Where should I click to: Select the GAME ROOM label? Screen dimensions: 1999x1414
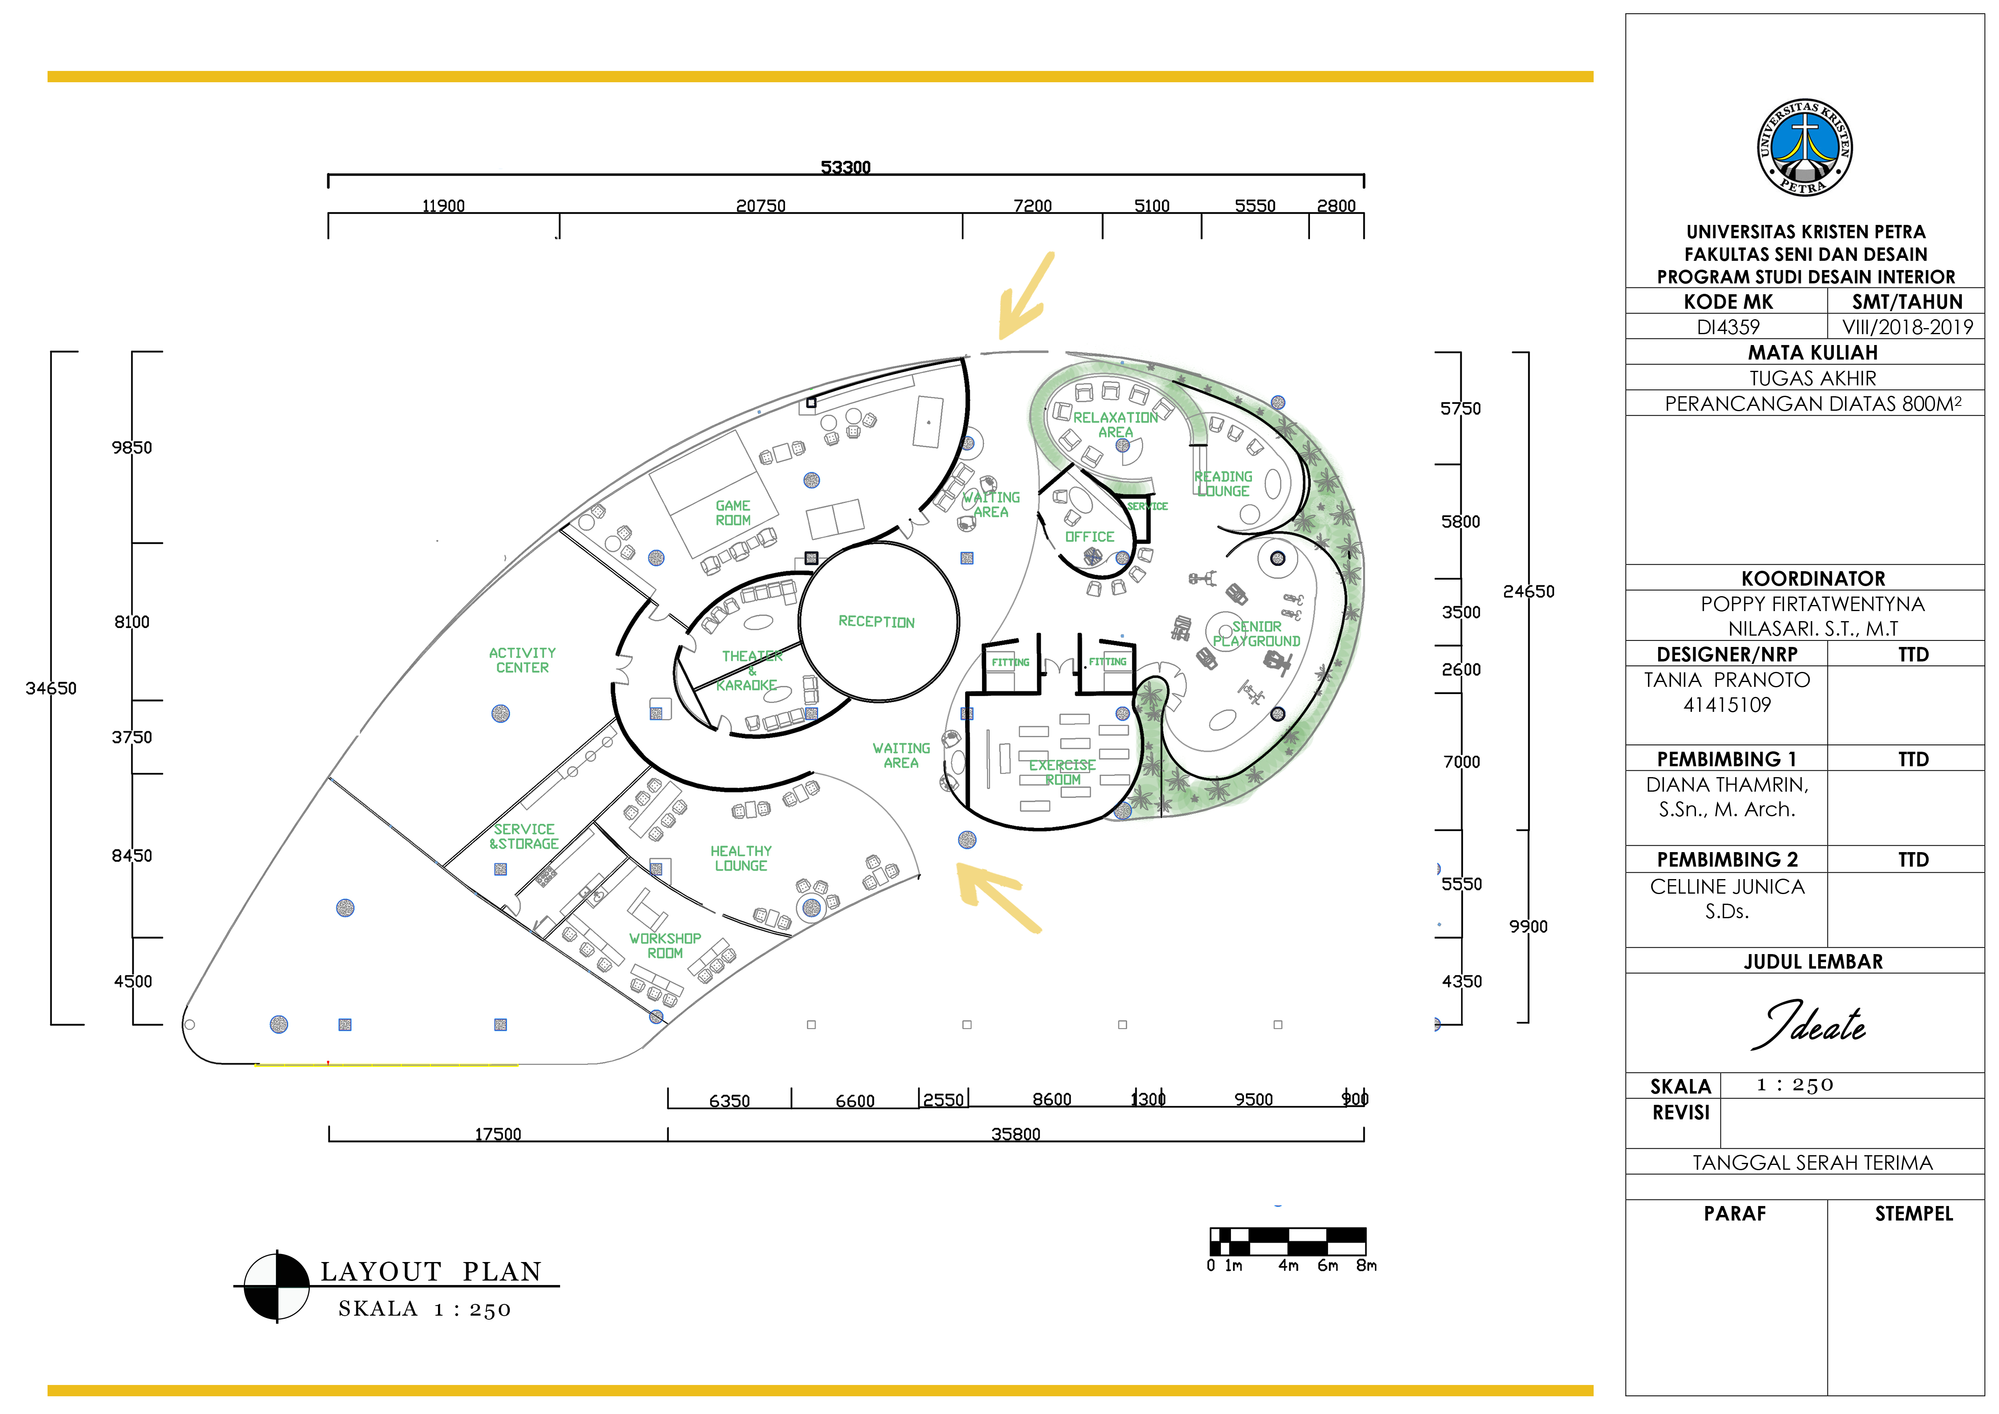[733, 513]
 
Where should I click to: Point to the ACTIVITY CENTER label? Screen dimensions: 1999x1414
[522, 660]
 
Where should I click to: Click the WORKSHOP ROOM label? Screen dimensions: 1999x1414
[665, 946]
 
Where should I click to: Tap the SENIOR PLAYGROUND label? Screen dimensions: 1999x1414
[1256, 634]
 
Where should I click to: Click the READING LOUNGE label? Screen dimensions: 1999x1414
[1223, 483]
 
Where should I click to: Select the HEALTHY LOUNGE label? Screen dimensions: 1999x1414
[741, 859]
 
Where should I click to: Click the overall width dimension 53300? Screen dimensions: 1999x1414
[845, 167]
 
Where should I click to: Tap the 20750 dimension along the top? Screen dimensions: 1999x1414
[761, 206]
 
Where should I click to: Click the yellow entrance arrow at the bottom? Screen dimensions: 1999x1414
[998, 897]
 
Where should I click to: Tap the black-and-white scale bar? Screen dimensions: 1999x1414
[1288, 1241]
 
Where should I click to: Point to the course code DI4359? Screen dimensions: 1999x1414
[1728, 327]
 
